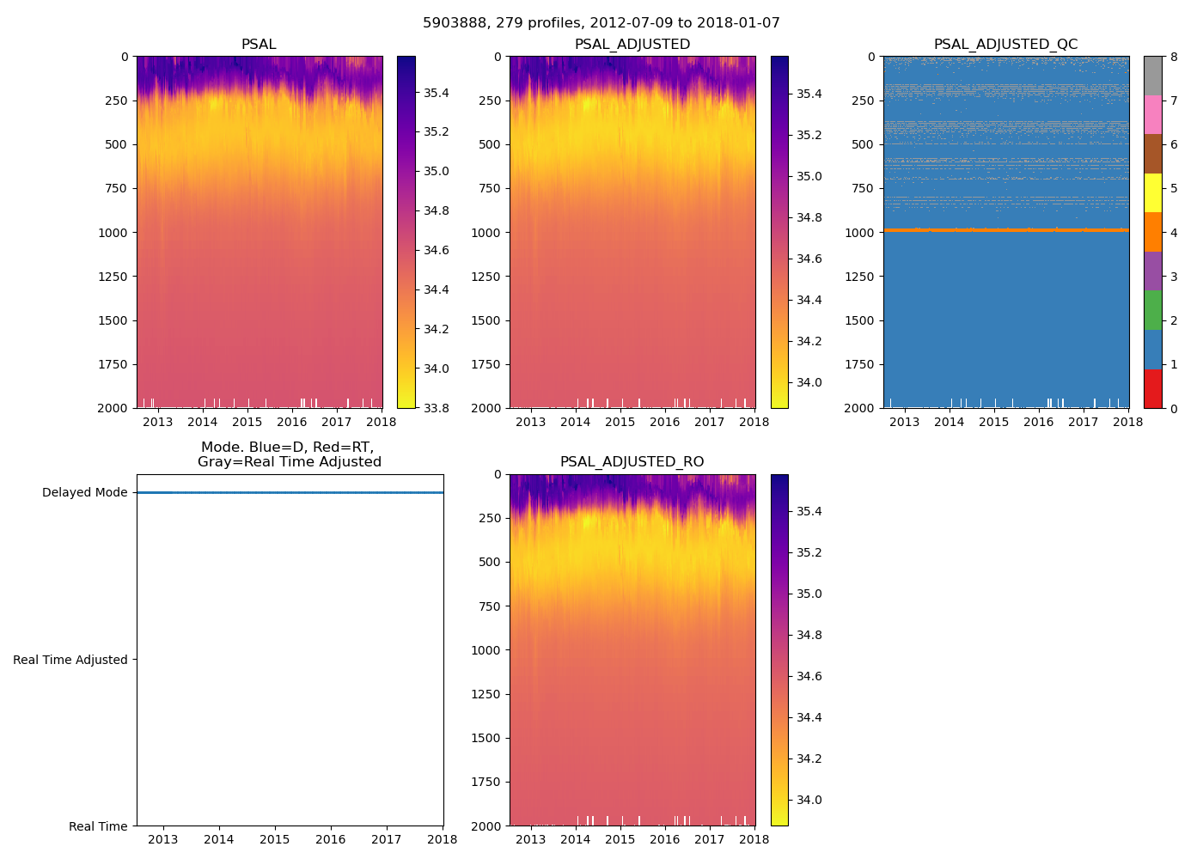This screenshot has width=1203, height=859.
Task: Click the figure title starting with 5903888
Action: [601, 23]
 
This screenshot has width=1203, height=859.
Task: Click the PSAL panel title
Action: [259, 45]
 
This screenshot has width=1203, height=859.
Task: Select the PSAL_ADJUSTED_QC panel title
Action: [1005, 45]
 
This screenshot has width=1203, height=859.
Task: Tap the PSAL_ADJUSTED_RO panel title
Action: [632, 462]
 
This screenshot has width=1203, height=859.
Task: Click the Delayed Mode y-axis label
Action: [84, 493]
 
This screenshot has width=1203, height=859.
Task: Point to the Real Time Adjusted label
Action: [70, 660]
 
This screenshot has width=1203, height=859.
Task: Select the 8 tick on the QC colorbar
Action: [1174, 57]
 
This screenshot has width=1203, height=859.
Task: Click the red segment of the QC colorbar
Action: [1152, 388]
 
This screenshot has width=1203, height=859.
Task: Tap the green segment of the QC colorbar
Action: [1152, 310]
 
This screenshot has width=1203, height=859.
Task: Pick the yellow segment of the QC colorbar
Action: [1152, 193]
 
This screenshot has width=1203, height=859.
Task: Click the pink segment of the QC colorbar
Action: [1152, 115]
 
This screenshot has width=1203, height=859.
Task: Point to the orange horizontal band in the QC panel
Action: [1005, 230]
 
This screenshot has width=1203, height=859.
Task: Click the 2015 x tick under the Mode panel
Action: [275, 839]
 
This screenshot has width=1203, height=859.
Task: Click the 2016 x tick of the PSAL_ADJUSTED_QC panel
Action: [1038, 422]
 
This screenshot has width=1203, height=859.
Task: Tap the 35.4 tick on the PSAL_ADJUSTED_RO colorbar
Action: [809, 511]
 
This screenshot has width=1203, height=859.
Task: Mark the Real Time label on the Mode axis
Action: [98, 826]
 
